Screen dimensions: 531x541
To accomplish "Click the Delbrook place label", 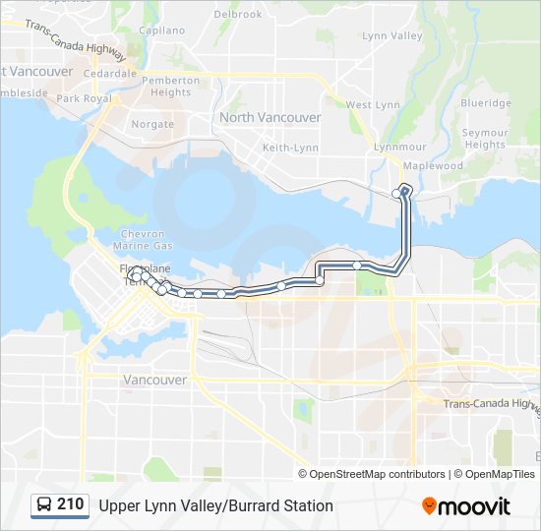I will point(238,15).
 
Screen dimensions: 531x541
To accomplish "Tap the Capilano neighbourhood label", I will point(162,30).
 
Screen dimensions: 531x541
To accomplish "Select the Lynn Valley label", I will point(392,36).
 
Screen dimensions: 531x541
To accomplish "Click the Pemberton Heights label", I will point(171,87).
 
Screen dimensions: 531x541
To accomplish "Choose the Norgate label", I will point(152,125).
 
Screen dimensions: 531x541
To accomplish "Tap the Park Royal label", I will point(84,98).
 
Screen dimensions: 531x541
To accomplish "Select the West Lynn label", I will point(373,105).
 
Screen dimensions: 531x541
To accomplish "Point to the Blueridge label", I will point(486,103).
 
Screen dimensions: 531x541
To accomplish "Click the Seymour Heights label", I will point(485,139).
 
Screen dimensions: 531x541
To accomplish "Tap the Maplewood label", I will point(433,166).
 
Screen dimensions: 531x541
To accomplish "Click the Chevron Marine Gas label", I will point(143,239).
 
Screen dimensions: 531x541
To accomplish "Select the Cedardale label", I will point(110,74).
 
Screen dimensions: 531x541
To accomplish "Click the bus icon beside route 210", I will point(44,505).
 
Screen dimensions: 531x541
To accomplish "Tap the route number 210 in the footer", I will point(70,504).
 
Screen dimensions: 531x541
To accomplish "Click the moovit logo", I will point(466,506).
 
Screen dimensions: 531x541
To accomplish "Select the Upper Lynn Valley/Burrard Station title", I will point(215,505).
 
